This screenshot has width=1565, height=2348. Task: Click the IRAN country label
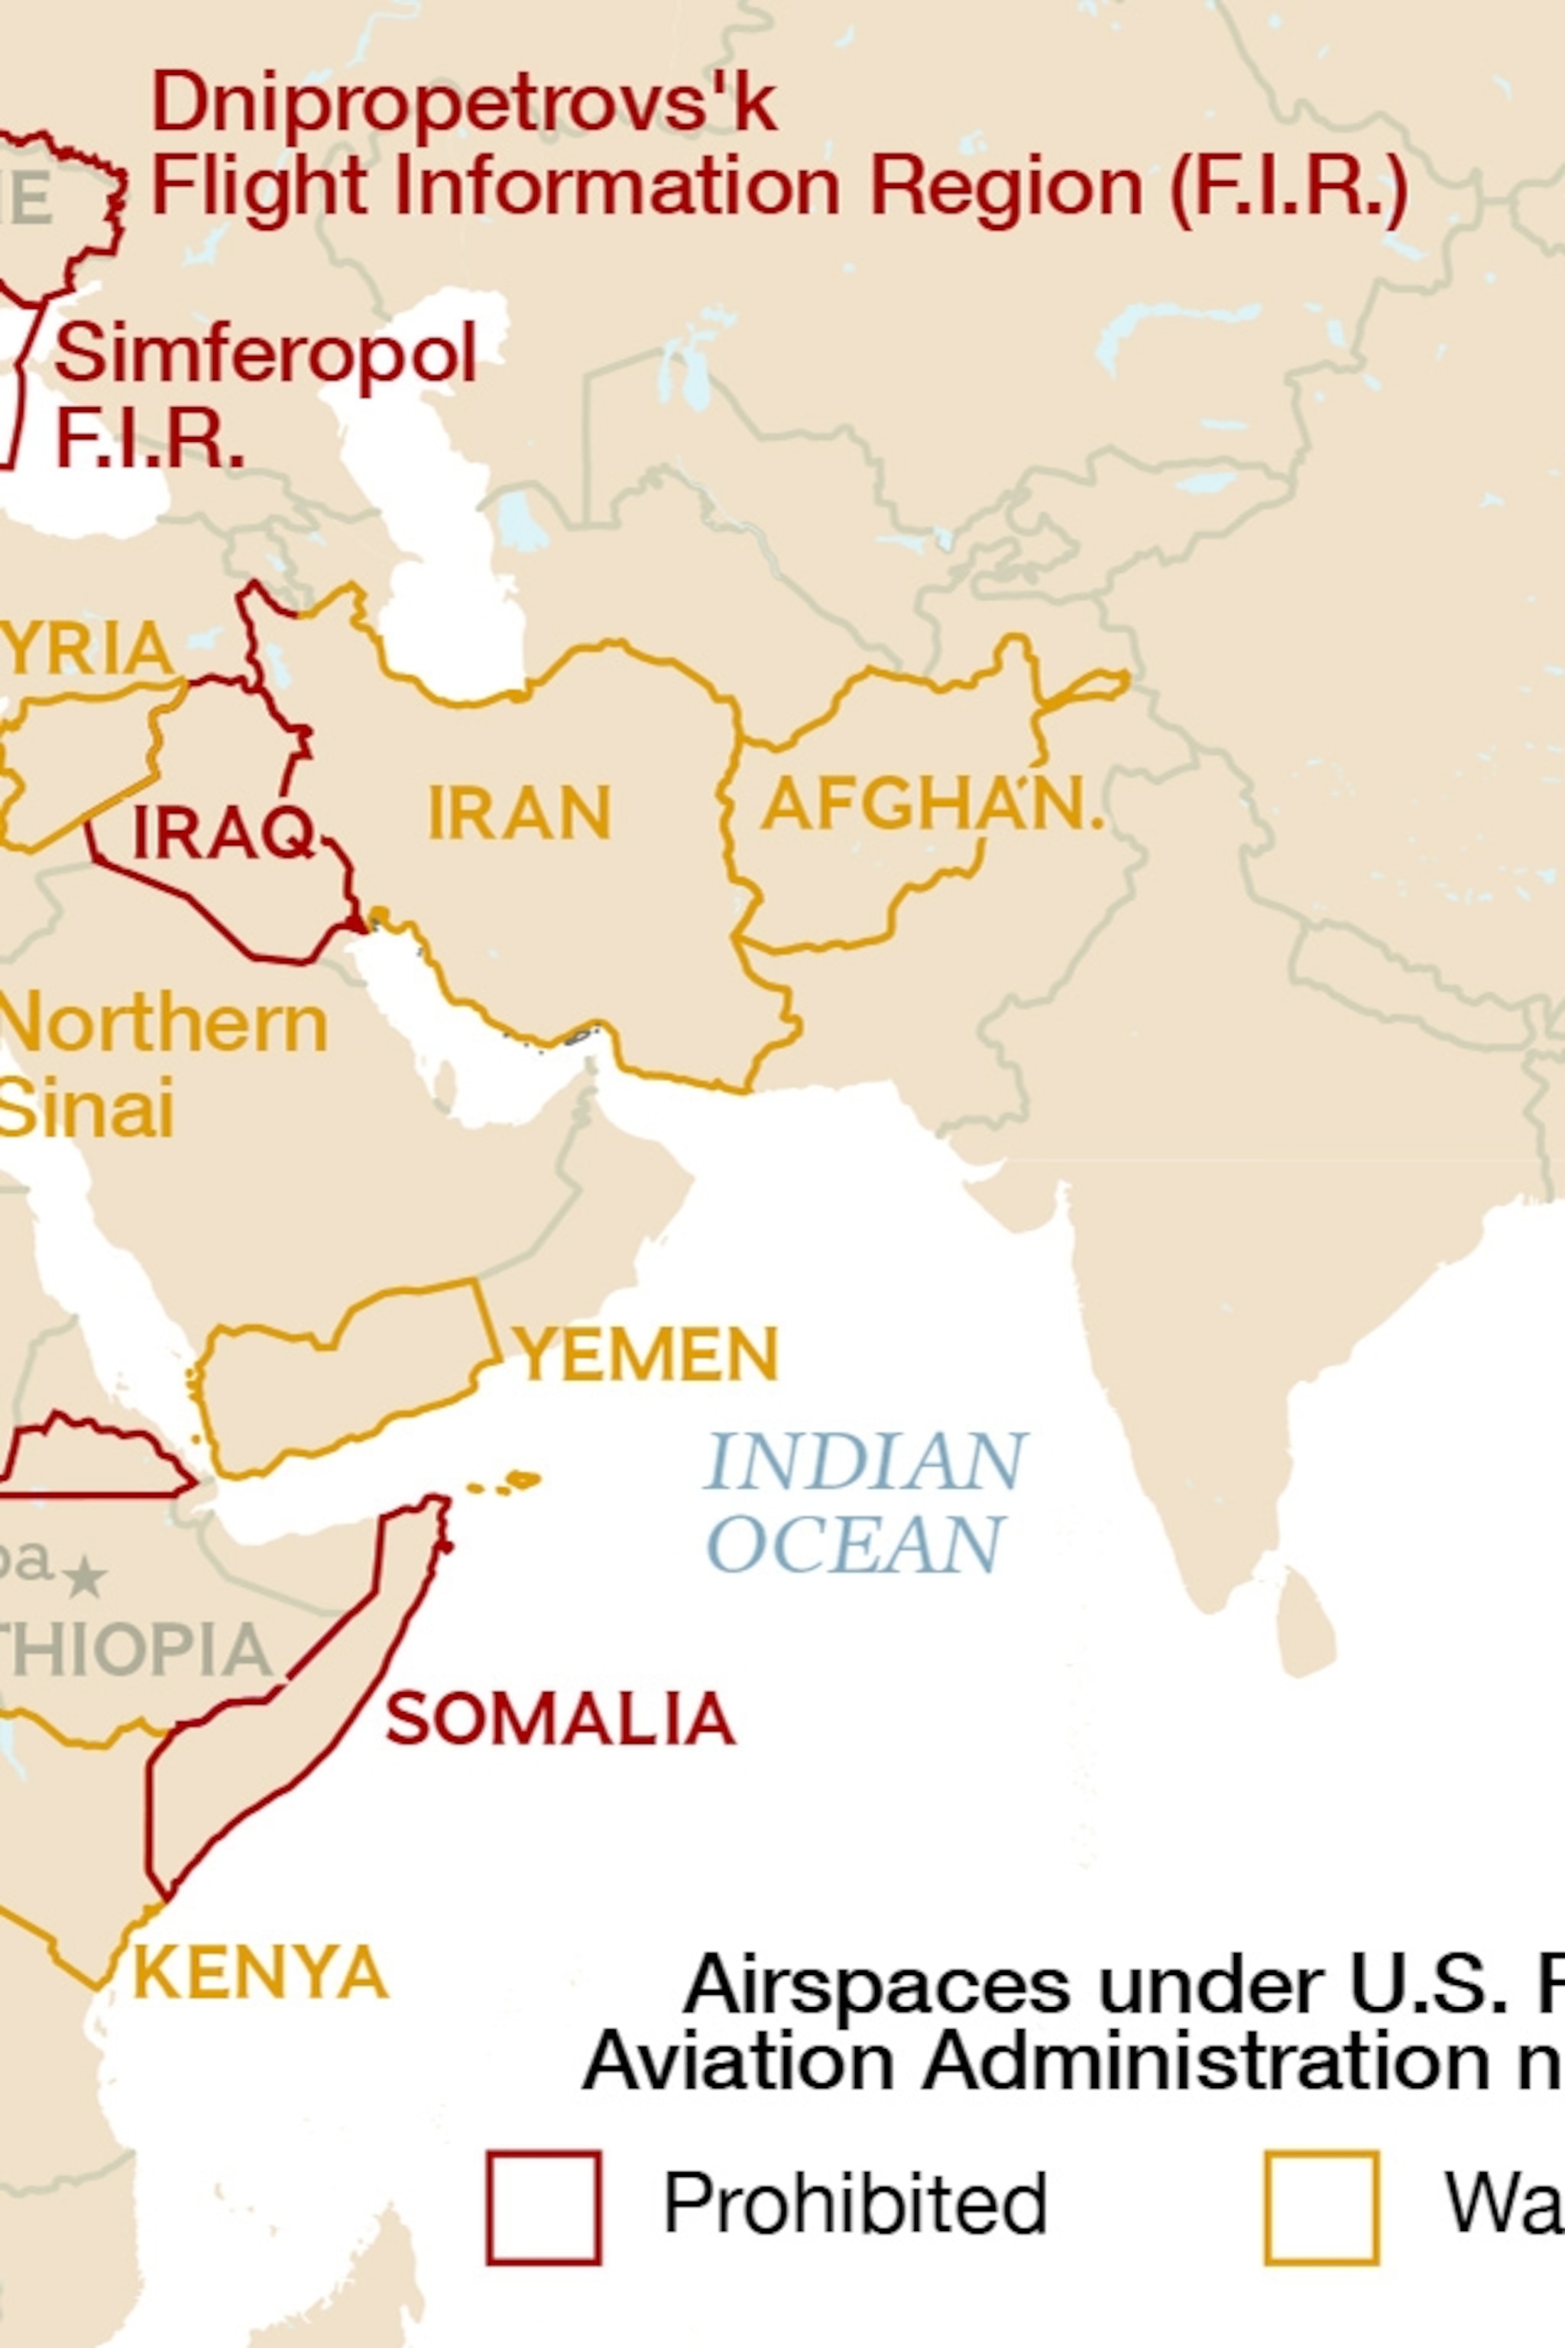point(519,812)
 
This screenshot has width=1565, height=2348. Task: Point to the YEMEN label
point(646,1354)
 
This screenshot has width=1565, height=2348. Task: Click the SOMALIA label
point(561,1719)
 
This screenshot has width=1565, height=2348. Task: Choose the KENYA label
point(261,1973)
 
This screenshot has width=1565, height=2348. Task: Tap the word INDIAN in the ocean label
point(865,1462)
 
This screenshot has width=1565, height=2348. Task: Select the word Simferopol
point(265,353)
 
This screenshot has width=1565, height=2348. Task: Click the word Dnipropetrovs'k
point(463,103)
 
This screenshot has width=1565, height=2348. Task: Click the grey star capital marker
point(86,1578)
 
